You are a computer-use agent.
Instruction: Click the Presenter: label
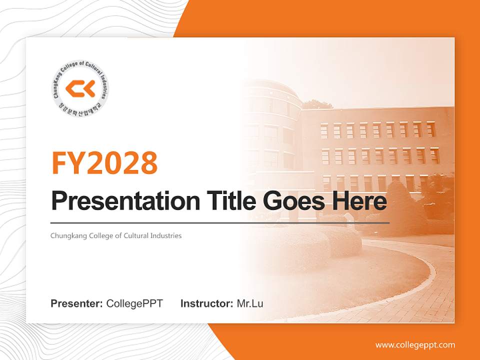[77, 303]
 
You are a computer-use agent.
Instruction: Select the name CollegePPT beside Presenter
[134, 303]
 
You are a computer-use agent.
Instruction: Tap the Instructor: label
[206, 303]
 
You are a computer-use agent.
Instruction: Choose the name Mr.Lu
[249, 303]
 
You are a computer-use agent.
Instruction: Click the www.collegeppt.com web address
[415, 345]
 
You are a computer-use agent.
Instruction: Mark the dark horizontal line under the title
[220, 222]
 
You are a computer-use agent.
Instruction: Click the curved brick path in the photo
[400, 290]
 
